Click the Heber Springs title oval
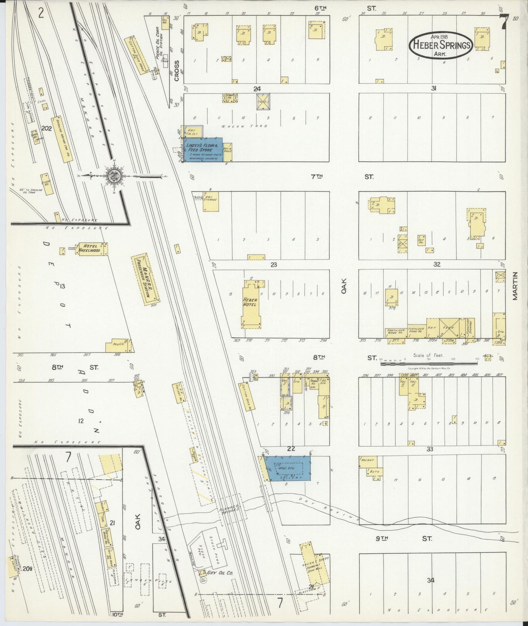442,45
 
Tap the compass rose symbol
114,176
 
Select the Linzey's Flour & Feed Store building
204,149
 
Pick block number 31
434,88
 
